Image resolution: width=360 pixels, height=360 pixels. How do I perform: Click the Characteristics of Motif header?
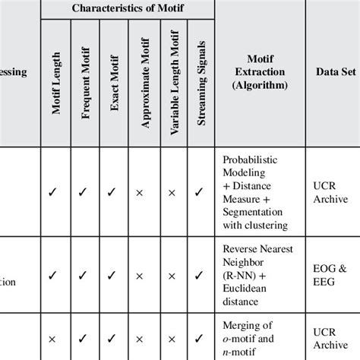(x=128, y=8)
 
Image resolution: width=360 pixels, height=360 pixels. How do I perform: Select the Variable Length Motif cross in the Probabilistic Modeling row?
(x=172, y=193)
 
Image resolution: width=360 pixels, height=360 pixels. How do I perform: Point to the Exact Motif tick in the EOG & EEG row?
(x=113, y=274)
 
